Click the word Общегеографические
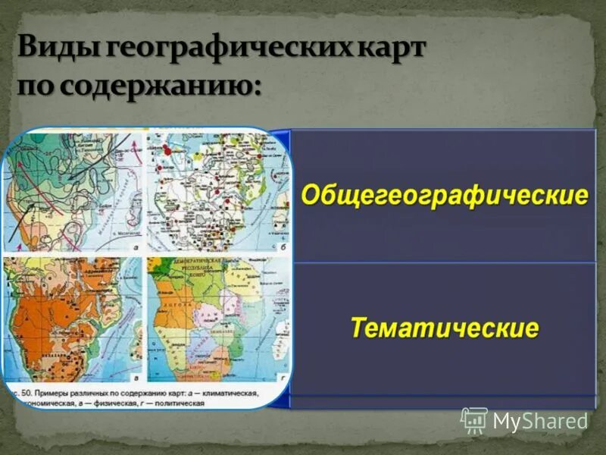[444, 195]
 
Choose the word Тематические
[444, 328]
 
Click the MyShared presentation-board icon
[474, 419]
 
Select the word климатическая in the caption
[226, 394]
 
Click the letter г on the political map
[282, 377]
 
